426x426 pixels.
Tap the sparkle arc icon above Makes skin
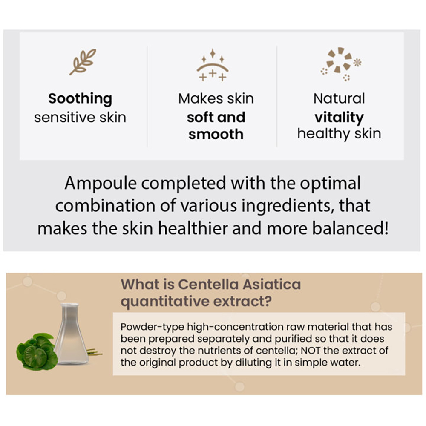click(213, 65)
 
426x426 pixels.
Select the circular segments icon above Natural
click(341, 64)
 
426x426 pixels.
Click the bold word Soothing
click(80, 99)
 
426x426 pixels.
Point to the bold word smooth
click(216, 134)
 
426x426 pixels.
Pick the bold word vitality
click(339, 118)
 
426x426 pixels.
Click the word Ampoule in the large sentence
click(101, 183)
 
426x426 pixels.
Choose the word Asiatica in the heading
click(271, 285)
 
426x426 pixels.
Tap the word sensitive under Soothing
click(65, 118)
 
